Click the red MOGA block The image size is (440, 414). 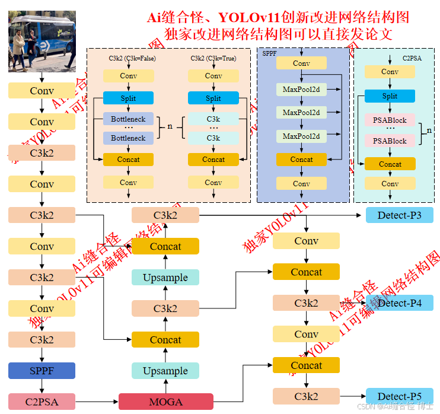[x=165, y=402]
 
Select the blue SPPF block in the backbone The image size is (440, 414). [x=42, y=371]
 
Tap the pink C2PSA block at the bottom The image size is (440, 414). [x=42, y=402]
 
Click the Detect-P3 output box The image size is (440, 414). [x=399, y=215]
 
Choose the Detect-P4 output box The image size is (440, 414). [x=399, y=303]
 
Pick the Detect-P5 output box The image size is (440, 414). [x=399, y=396]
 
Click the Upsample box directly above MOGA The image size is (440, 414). [x=165, y=371]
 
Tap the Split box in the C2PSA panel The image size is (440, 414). [x=390, y=96]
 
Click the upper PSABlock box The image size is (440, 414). [x=390, y=120]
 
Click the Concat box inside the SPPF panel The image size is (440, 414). [x=301, y=160]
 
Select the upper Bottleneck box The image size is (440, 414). [x=128, y=119]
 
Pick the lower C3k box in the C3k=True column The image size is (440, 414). [x=213, y=138]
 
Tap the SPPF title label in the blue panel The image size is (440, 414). [x=270, y=53]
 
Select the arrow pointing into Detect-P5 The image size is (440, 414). [x=352, y=396]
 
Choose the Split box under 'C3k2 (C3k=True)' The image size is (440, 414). [x=213, y=98]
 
